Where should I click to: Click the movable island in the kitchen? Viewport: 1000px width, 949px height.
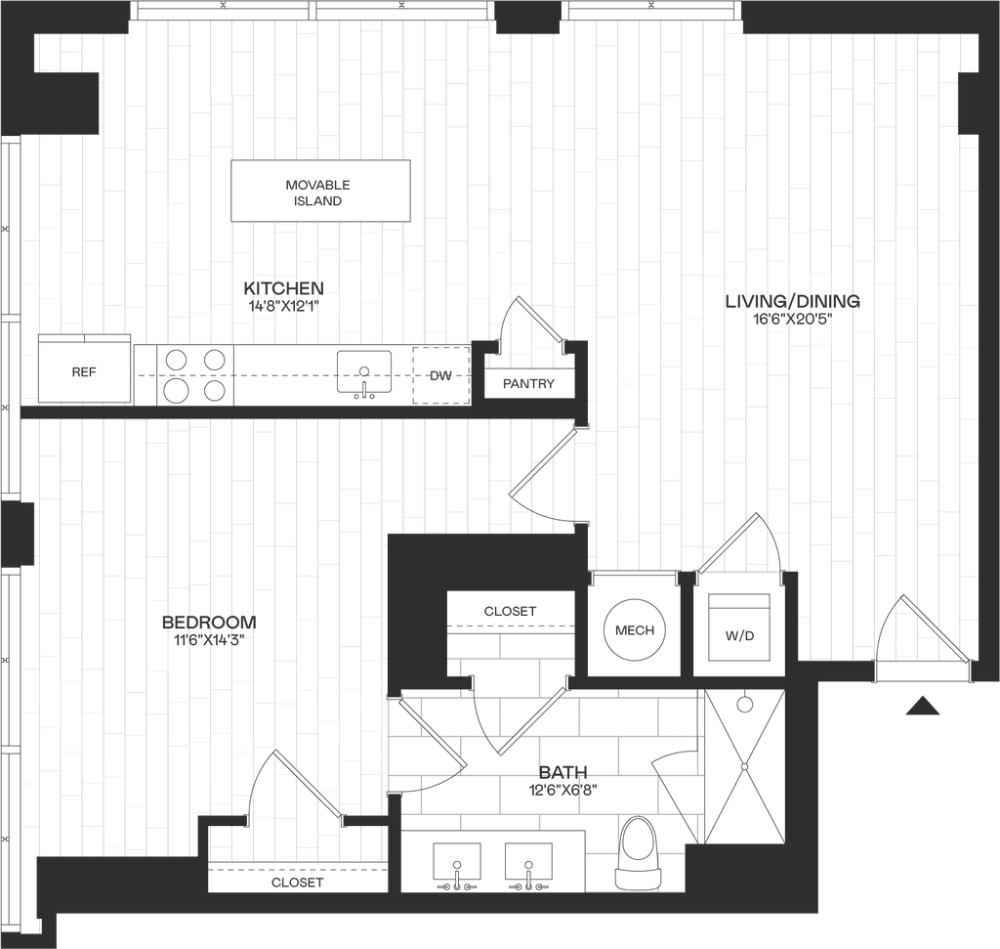coord(320,192)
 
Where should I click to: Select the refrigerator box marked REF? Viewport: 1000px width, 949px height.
coord(84,372)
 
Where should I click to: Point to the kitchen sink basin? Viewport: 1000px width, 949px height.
coord(364,372)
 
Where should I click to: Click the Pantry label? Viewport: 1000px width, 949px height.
coord(528,384)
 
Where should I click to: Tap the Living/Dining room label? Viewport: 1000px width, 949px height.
coord(792,309)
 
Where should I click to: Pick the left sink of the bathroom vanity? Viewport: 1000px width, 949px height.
coord(456,862)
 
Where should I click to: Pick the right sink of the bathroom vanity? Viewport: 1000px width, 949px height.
coord(527,862)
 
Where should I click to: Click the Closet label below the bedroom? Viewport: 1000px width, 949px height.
coord(297,882)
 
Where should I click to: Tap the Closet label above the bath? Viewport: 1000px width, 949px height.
coord(509,612)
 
